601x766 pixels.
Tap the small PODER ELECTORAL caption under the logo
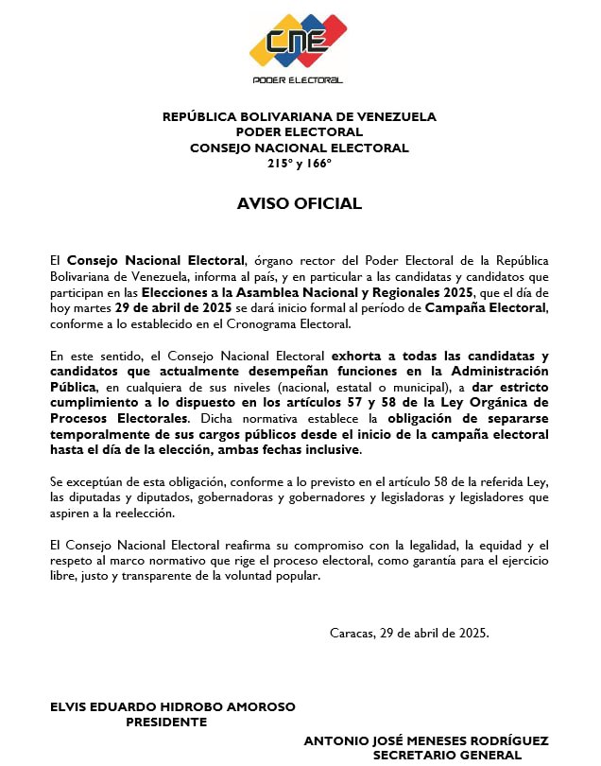298,80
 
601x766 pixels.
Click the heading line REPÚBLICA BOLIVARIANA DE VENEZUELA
300,117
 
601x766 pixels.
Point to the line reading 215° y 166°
300,163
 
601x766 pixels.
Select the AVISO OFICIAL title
300,203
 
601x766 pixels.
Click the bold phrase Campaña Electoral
486,307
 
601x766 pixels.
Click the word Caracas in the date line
352,633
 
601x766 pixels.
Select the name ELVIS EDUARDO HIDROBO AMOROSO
173,706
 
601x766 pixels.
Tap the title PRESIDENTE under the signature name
166,722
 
